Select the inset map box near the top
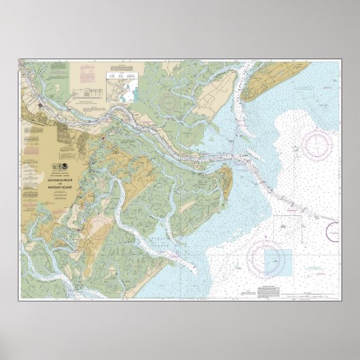[121, 86]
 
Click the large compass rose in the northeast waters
[316, 144]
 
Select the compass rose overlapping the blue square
[264, 258]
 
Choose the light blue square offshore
[277, 263]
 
